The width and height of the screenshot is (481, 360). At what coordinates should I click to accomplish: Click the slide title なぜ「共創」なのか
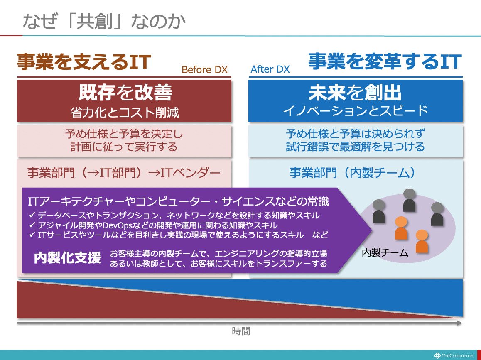point(104,22)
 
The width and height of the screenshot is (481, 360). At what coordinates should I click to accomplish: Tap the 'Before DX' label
point(205,70)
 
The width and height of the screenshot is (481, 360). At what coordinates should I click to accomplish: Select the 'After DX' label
point(270,69)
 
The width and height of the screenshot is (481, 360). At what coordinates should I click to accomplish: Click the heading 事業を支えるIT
point(84,62)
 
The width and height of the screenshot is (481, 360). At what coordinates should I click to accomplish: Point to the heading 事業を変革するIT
point(385,61)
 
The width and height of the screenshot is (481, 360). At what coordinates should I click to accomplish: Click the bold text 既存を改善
point(125,93)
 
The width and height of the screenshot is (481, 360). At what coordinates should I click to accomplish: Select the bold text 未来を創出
point(355,93)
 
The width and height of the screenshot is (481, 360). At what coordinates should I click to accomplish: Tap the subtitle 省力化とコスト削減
point(125,113)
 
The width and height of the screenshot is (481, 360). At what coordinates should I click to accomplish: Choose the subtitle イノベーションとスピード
point(355,111)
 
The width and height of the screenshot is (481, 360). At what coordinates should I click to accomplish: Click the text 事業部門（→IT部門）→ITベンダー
point(124,173)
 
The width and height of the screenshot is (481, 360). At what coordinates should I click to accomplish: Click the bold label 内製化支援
point(67,258)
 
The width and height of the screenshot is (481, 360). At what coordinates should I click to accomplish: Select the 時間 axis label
point(241,331)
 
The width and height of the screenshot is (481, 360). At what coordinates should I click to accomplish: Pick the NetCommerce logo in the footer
point(454,355)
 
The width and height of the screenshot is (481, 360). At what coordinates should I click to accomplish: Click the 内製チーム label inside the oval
point(385,253)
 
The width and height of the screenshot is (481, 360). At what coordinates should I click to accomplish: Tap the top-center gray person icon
point(409,200)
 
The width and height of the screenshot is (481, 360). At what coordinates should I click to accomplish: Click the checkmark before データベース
point(32,215)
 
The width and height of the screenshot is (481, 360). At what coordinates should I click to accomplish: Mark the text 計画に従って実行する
point(124,147)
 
